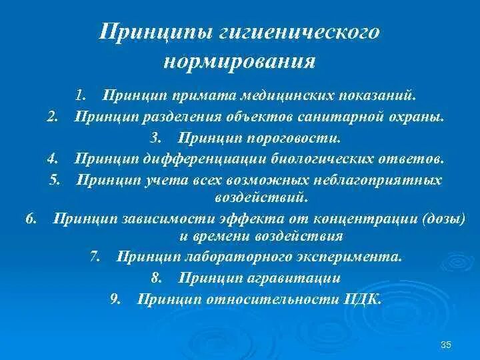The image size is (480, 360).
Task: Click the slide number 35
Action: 447,344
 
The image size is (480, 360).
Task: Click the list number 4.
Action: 54,159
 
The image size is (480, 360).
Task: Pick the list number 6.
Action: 31,217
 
